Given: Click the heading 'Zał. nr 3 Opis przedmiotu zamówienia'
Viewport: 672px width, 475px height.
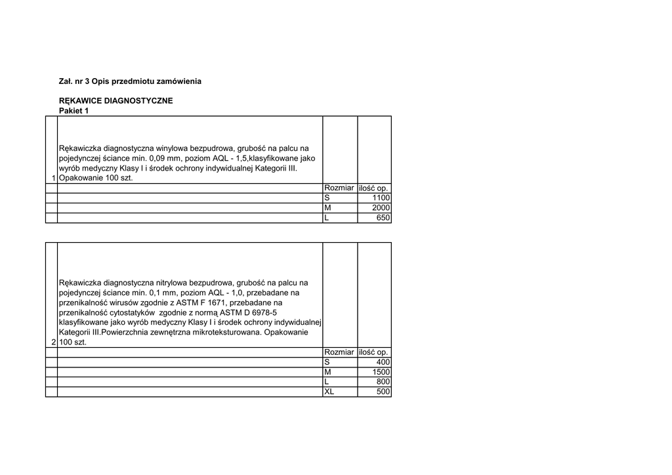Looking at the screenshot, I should [130, 81].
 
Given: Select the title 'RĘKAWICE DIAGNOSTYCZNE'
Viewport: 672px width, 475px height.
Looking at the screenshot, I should [115, 101].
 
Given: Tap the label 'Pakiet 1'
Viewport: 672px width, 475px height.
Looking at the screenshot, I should [73, 111].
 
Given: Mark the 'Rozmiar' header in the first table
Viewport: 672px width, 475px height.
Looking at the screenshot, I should [339, 188].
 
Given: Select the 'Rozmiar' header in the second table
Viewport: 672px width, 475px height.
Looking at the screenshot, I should [339, 352].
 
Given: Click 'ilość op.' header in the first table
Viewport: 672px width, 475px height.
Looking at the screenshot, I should [374, 188].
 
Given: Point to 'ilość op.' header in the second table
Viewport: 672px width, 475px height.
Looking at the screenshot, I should [374, 352].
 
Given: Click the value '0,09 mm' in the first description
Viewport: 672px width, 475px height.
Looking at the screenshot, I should [164, 158].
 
